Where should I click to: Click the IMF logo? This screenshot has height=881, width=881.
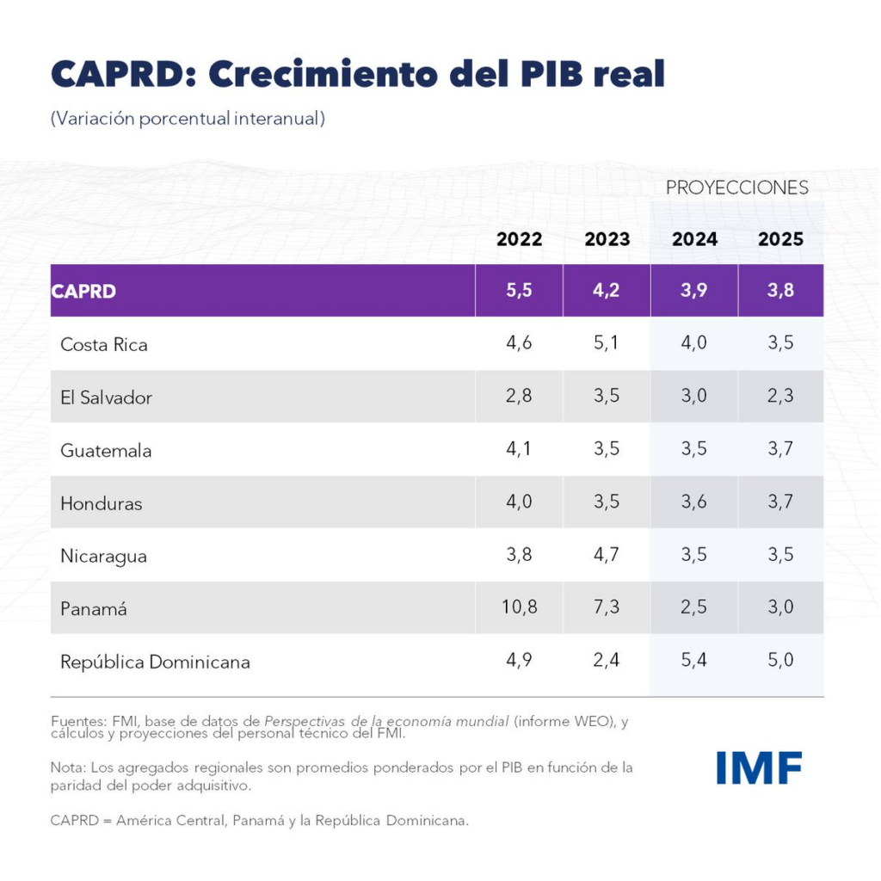click(759, 767)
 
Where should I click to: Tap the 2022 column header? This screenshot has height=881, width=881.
click(519, 239)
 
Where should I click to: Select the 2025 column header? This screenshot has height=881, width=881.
click(780, 239)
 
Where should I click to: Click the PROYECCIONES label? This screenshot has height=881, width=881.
click(737, 188)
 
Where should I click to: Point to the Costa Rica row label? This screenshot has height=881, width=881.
click(104, 344)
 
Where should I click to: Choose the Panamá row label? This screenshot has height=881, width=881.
click(94, 609)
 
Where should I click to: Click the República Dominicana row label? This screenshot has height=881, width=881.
click(155, 662)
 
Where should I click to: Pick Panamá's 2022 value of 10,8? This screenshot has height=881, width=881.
click(519, 607)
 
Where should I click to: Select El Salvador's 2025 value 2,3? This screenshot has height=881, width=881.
click(780, 397)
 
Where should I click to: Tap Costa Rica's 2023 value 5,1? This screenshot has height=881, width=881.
click(607, 343)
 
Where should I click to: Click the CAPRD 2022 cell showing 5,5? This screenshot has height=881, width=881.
click(519, 291)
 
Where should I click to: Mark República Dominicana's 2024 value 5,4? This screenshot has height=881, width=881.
click(693, 661)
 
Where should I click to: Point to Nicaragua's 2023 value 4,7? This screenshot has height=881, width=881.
click(607, 555)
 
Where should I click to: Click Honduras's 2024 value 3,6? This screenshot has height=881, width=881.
click(693, 502)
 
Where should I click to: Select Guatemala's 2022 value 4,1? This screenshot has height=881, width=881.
click(519, 449)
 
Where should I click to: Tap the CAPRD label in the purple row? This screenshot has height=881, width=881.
click(83, 291)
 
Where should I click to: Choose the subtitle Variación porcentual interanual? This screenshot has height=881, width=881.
click(188, 119)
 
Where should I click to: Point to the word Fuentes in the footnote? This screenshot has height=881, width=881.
click(76, 722)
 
